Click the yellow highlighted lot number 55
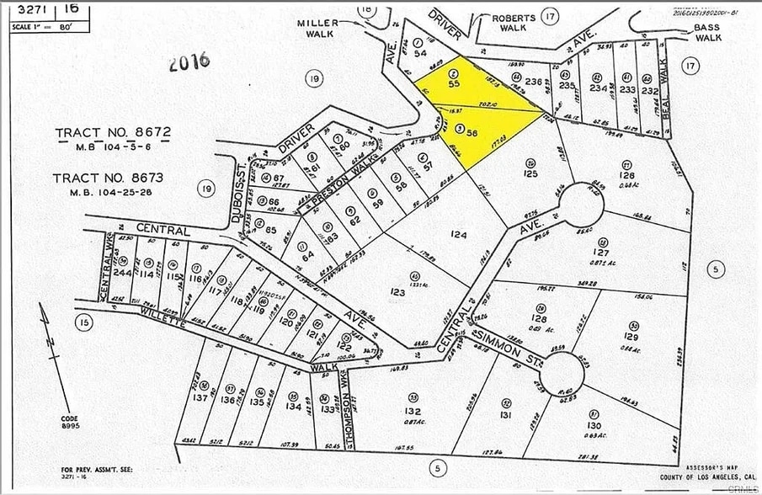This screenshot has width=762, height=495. coord(454,84)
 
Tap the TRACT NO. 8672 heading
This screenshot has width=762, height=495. coord(113,133)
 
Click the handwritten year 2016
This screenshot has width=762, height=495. coord(188,62)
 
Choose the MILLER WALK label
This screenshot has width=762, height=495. coord(318,29)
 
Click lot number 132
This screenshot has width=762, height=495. coord(413,410)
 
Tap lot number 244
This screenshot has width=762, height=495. coord(123,273)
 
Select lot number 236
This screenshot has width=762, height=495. coord(533,81)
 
